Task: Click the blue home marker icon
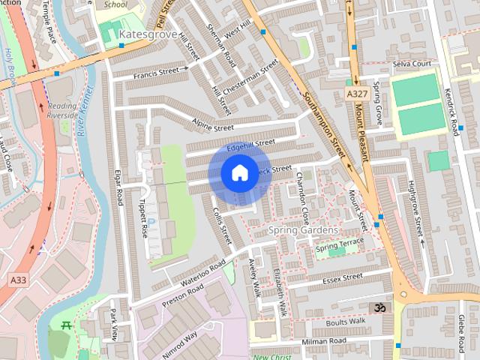pyautogui.click(x=239, y=173)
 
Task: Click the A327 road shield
pyautogui.click(x=357, y=93)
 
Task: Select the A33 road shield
pyautogui.click(x=18, y=279)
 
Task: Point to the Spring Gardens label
pyautogui.click(x=304, y=229)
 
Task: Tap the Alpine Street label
pyautogui.click(x=214, y=128)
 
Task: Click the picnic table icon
pyautogui.click(x=64, y=325)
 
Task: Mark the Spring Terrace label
pyautogui.click(x=339, y=244)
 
